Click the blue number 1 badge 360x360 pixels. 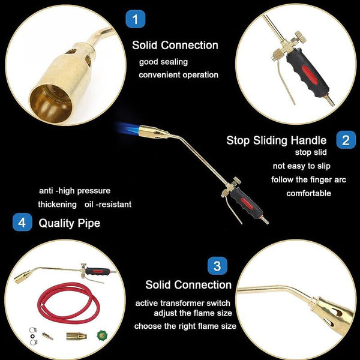pyautogui.click(x=135, y=19)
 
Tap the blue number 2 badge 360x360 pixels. pyautogui.click(x=346, y=140)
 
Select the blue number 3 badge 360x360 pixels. pyautogui.click(x=217, y=266)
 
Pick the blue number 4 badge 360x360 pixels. pyautogui.click(x=22, y=222)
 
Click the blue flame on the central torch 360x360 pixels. pyautogui.click(x=128, y=130)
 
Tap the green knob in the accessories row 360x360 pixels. pyautogui.click(x=102, y=335)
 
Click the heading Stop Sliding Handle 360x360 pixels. pyautogui.click(x=276, y=140)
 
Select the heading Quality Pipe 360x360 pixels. pyautogui.click(x=70, y=223)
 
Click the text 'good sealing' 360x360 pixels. pyautogui.click(x=163, y=62)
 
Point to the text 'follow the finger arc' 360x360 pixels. pyautogui.click(x=308, y=179)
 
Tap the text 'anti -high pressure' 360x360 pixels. pyautogui.click(x=74, y=191)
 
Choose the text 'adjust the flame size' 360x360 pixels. pyautogui.click(x=193, y=313)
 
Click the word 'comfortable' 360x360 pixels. pyautogui.click(x=308, y=193)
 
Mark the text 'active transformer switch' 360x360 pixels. pyautogui.click(x=183, y=303)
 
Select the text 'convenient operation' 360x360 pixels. pyautogui.click(x=178, y=75)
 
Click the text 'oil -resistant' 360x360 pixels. pyautogui.click(x=108, y=205)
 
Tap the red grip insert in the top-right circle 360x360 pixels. pyautogui.click(x=310, y=74)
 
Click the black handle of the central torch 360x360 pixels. pyautogui.click(x=245, y=203)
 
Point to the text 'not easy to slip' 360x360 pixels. pyautogui.click(x=301, y=166)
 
